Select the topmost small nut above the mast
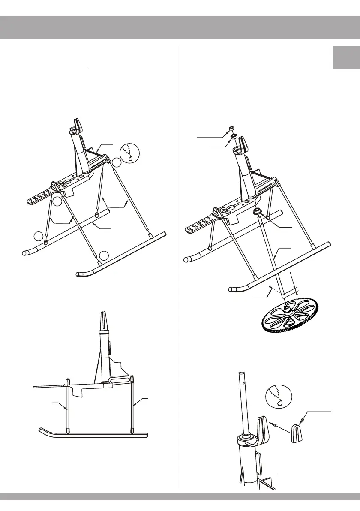pos(231,128)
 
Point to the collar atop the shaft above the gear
pos(258,211)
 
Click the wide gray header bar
pos(180,28)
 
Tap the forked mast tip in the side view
pos(103,319)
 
